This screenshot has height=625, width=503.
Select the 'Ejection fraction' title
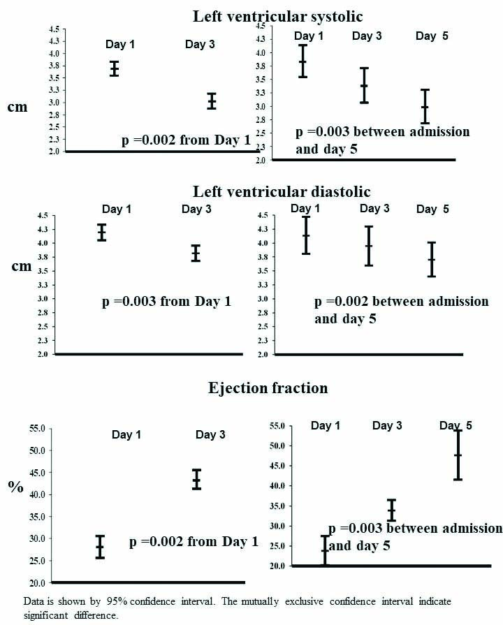click(x=268, y=387)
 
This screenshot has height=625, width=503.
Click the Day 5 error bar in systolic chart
click(x=424, y=107)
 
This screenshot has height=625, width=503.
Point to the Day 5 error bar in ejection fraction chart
click(x=458, y=455)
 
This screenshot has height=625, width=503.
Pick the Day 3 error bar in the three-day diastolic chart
click(x=368, y=246)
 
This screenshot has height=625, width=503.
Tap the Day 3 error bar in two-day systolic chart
click(x=211, y=101)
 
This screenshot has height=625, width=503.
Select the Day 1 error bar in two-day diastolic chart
click(x=102, y=233)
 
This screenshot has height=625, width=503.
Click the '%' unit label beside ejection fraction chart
click(x=15, y=487)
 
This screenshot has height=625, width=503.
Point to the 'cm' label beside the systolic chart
click(x=17, y=109)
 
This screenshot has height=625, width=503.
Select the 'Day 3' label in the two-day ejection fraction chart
click(x=210, y=434)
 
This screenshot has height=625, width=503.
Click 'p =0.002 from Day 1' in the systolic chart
click(x=186, y=140)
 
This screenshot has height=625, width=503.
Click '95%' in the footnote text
click(x=124, y=600)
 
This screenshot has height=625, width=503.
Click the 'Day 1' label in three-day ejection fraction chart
click(x=326, y=425)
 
